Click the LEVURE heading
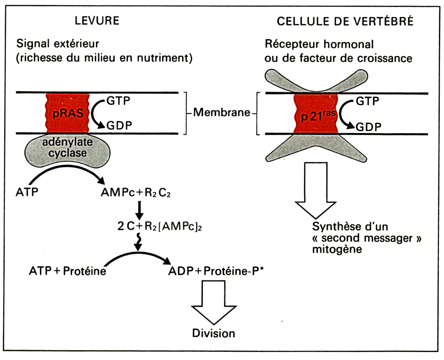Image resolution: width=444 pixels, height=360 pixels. click(x=97, y=21)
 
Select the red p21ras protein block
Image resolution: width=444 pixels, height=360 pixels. click(x=316, y=113)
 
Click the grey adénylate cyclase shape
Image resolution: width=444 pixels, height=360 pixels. click(x=68, y=150)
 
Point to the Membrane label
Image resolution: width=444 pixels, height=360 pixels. click(x=222, y=113)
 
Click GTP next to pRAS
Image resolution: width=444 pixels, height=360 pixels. click(x=118, y=101)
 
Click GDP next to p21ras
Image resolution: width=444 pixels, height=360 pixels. click(x=368, y=127)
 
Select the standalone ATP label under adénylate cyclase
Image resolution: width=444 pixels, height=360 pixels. click(x=27, y=192)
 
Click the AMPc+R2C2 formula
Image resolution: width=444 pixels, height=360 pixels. click(x=135, y=193)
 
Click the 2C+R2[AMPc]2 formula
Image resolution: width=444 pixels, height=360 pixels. click(x=160, y=226)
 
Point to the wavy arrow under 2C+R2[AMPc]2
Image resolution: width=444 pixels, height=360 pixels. click(x=138, y=242)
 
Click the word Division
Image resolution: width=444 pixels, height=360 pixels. click(x=214, y=333)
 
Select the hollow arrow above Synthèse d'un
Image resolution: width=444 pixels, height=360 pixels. click(x=315, y=190)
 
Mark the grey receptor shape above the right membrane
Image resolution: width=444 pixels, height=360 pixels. click(x=316, y=80)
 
